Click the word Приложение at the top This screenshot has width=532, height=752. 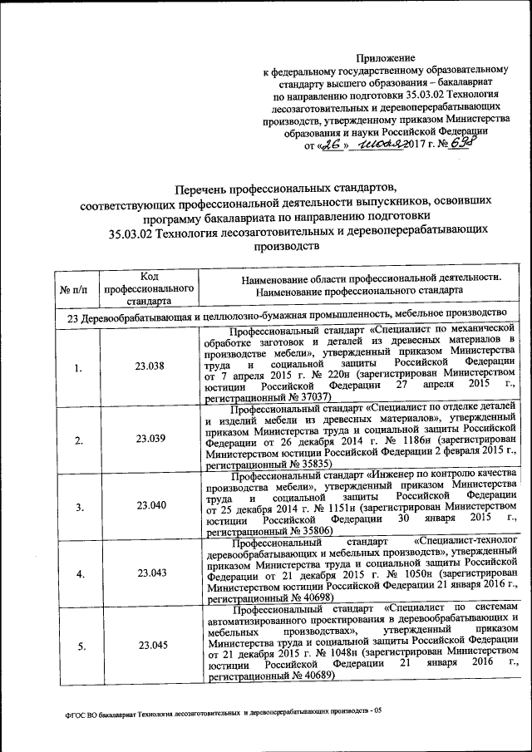click(385, 57)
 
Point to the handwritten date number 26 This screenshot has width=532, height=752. click(332, 145)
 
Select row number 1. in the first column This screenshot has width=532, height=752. click(76, 368)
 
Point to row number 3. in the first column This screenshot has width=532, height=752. click(76, 506)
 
